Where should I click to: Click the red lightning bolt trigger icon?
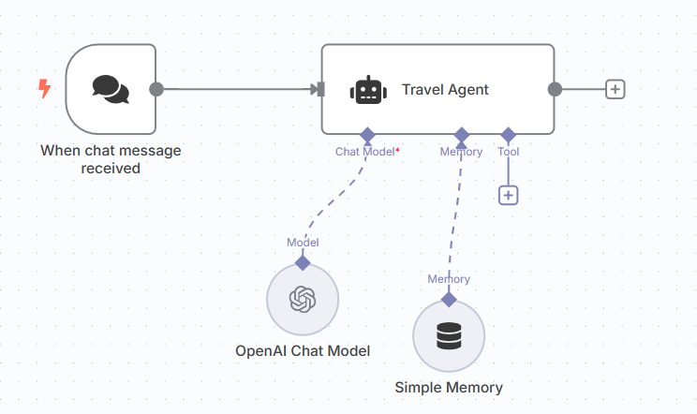(x=44, y=89)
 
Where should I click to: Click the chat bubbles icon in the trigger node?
(x=111, y=89)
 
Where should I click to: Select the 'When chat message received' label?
(x=111, y=159)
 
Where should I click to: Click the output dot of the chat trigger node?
(x=156, y=89)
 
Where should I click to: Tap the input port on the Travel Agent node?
(x=319, y=89)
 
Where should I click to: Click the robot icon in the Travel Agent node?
(x=368, y=90)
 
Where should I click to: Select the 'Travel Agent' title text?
(x=445, y=90)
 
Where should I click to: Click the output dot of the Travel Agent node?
(x=555, y=89)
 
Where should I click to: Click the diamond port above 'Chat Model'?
(x=368, y=135)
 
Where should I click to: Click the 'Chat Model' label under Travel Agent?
(x=364, y=151)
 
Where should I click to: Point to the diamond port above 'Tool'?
(x=508, y=135)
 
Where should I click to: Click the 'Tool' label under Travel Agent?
(x=508, y=151)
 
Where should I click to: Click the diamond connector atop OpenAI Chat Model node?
(x=303, y=262)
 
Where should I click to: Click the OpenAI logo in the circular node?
(x=303, y=299)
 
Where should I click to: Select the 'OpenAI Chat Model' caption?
(x=303, y=351)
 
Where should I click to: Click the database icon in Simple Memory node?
(x=449, y=335)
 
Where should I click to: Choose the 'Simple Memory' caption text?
(x=449, y=388)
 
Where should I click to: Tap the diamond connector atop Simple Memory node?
(x=449, y=299)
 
